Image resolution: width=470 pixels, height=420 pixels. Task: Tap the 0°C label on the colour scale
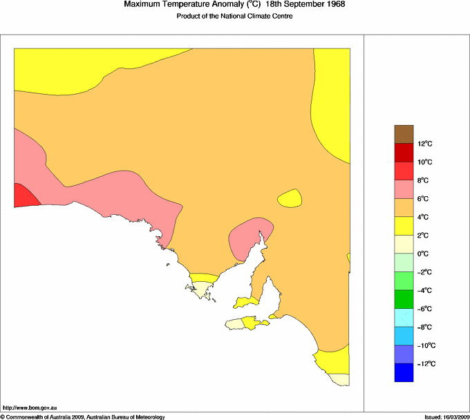[x=424, y=254]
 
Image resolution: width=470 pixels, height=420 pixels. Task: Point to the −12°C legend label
[x=425, y=363]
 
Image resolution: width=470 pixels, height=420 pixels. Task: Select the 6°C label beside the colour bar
[x=424, y=199]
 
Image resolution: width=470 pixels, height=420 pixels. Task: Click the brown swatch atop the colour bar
[x=404, y=134]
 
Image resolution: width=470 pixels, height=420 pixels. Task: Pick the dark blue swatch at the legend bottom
[x=404, y=372]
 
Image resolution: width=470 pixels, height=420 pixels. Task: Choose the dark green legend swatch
[x=404, y=299]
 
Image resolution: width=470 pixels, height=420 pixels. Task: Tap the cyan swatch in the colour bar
[x=404, y=318]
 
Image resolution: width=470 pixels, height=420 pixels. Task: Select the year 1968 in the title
[x=331, y=5]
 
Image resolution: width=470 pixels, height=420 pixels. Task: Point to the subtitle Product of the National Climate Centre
[x=235, y=17]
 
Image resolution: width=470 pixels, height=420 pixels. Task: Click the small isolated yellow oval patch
[x=290, y=199]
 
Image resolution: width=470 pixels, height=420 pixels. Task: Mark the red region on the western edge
[x=24, y=195]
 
